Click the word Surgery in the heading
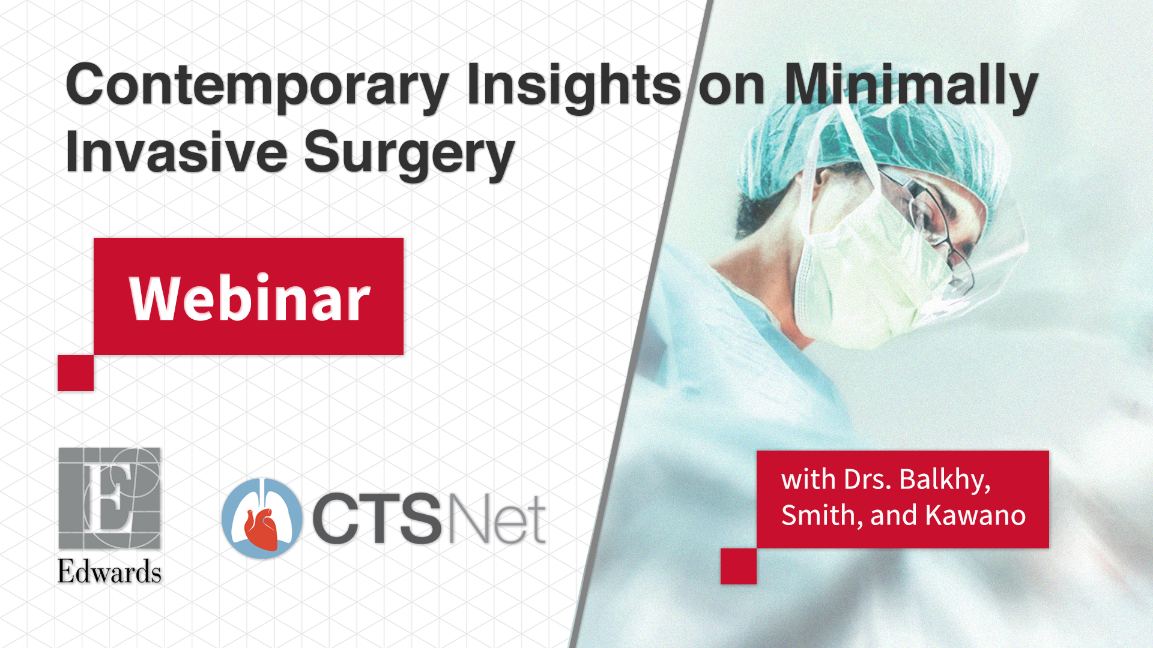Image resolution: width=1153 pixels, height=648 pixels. [410, 155]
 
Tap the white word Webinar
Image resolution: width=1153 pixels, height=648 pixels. [249, 298]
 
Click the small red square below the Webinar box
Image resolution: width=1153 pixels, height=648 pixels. [76, 373]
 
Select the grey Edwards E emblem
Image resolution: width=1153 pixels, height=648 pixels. [109, 498]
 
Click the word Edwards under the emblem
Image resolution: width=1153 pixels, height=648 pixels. [109, 572]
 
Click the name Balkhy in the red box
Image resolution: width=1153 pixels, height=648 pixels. [945, 480]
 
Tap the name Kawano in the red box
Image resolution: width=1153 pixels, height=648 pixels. [975, 515]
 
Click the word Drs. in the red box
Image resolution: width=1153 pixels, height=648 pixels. [868, 479]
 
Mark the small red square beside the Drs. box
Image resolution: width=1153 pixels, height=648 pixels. [739, 566]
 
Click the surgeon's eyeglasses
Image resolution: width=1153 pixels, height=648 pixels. [937, 228]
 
